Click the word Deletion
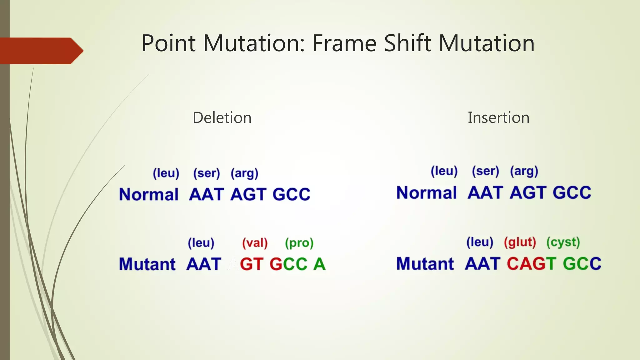coord(222,118)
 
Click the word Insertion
coord(498,118)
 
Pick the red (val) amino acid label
coord(255,243)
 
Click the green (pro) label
coord(299,243)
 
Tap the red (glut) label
coord(520,242)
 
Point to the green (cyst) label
coord(563,242)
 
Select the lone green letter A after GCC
coord(319,264)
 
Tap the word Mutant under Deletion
coord(147,264)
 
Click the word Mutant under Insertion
coord(425,264)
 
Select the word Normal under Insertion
coord(427,193)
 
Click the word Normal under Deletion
coord(149,195)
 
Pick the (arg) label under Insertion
coord(524,171)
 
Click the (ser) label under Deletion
coord(207,173)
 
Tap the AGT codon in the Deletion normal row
coord(248,195)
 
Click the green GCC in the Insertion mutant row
coord(582,264)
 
